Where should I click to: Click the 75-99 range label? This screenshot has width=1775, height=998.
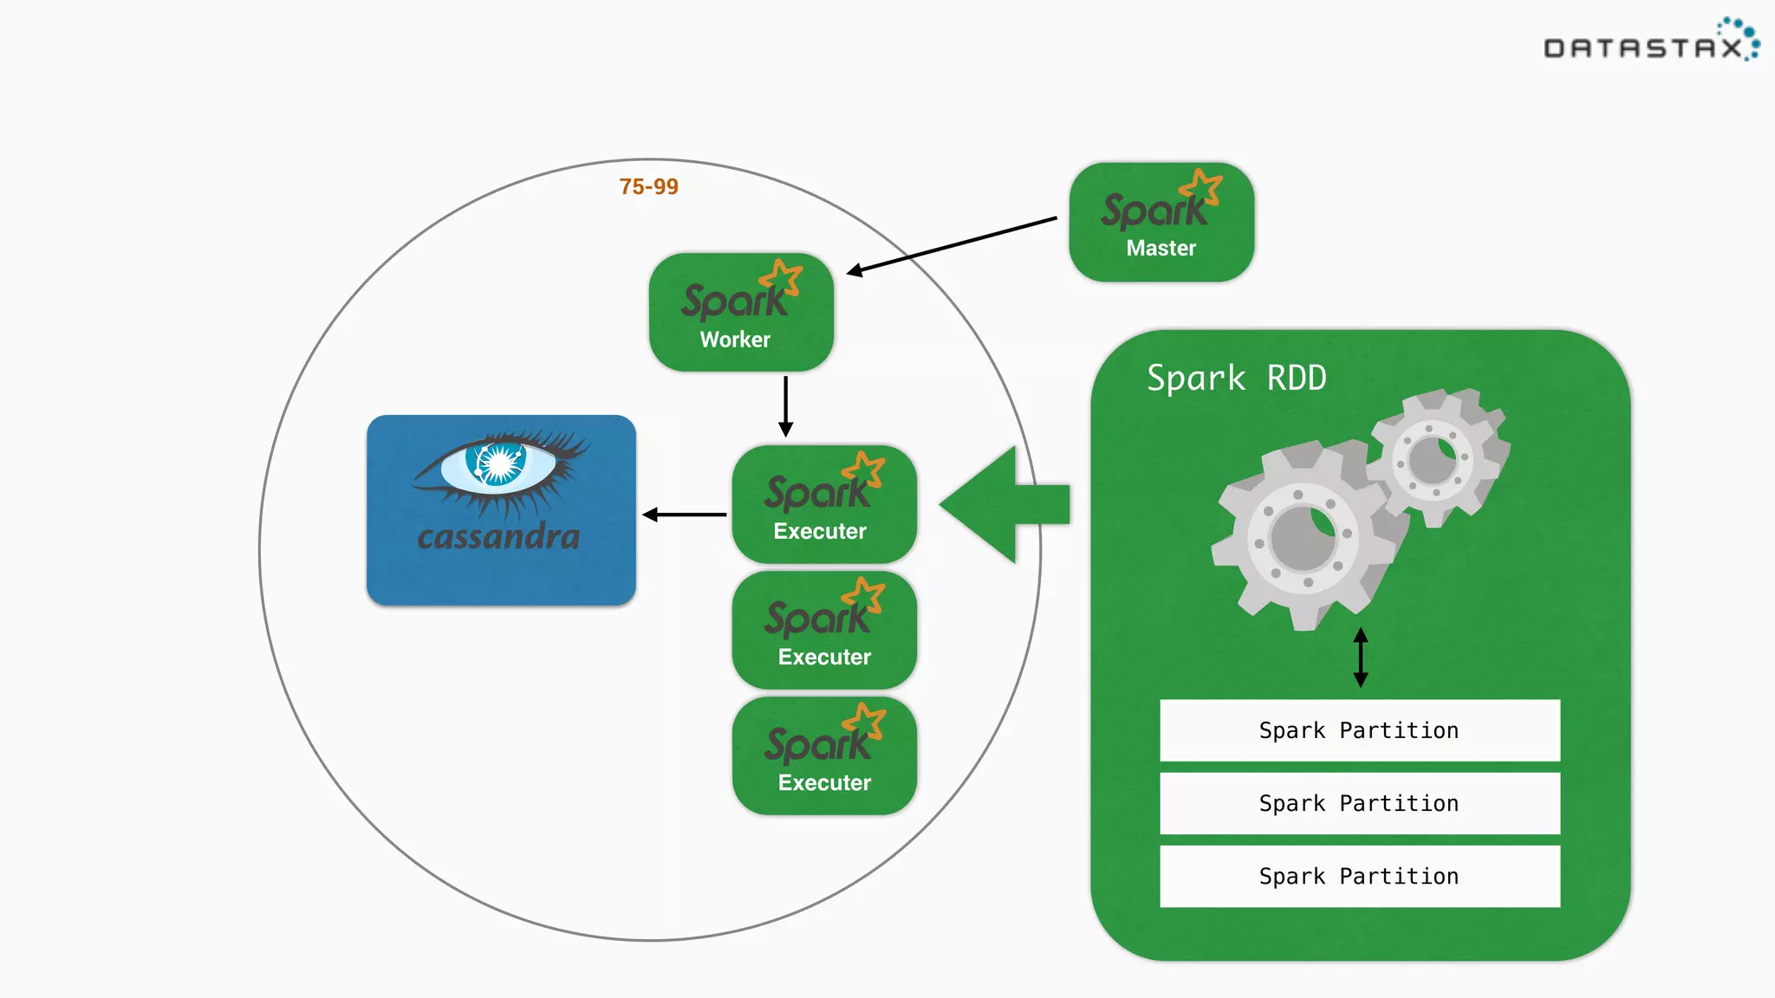click(648, 186)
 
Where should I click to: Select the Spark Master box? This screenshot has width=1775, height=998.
click(1161, 223)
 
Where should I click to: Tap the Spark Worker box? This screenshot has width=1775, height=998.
click(741, 313)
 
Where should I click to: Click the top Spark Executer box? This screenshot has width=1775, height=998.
click(823, 505)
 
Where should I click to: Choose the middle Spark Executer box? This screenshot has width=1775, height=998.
click(823, 631)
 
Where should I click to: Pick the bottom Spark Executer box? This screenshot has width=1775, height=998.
click(823, 756)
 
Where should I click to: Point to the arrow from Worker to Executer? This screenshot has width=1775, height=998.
click(785, 405)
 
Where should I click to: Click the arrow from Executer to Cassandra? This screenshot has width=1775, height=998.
click(685, 515)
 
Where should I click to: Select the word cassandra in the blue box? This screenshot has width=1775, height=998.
click(498, 537)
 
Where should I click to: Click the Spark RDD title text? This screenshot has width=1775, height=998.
click(1236, 379)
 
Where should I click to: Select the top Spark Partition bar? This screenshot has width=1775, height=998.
click(1359, 730)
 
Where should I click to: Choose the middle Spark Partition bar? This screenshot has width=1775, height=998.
click(1359, 803)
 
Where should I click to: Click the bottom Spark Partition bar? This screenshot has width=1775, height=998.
click(1359, 876)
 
